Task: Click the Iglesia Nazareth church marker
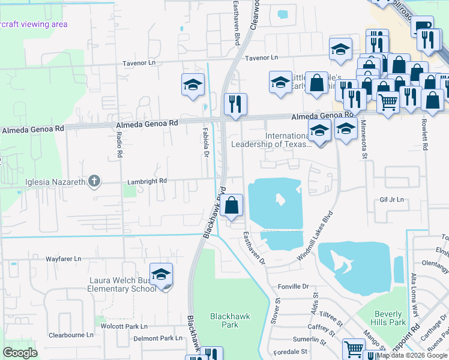[94, 181]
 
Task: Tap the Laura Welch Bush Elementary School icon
[161, 275]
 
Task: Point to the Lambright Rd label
[146, 181]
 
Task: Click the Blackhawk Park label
[230, 320]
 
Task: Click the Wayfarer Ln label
[63, 259]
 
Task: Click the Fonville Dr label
[293, 287]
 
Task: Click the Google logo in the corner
[20, 352]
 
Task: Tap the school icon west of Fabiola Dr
[193, 85]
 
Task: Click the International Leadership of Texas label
[270, 140]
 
